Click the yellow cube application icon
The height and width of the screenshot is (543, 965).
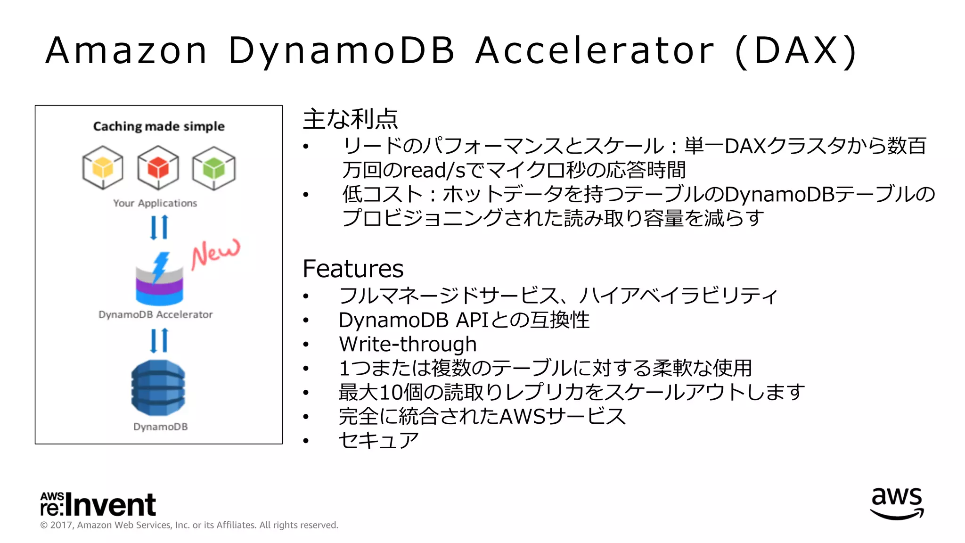(103, 168)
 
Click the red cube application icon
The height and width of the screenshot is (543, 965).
(158, 168)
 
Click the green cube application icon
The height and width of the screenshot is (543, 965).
(214, 168)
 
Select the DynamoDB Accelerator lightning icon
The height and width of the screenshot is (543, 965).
(159, 279)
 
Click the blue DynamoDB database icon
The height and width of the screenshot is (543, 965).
(158, 387)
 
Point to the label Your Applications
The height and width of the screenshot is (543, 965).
(155, 203)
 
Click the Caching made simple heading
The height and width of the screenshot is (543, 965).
(159, 126)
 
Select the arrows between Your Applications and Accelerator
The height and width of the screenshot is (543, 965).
(159, 228)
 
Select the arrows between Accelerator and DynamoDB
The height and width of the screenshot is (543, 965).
(159, 340)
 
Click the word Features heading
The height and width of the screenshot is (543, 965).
(353, 269)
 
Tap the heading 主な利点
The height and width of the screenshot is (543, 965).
(350, 119)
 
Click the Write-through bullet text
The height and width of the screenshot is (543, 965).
(408, 344)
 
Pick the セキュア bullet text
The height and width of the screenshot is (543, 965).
(378, 440)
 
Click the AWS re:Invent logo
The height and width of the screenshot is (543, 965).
(98, 504)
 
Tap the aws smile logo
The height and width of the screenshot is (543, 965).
(897, 503)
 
